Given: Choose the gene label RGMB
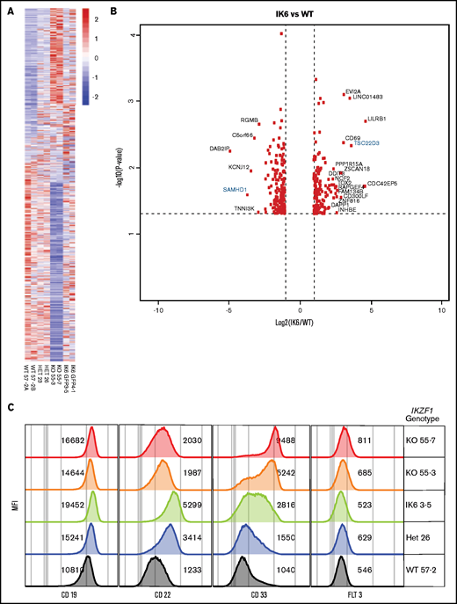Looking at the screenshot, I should (x=250, y=120).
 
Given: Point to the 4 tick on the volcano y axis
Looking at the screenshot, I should (x=133, y=35).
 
